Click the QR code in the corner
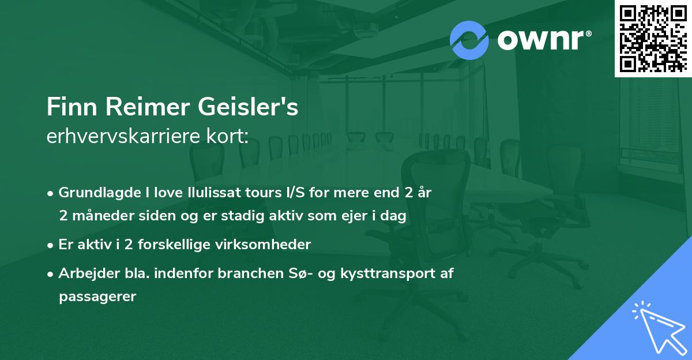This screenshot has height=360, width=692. (x=653, y=38)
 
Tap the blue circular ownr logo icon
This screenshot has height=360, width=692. (x=469, y=40)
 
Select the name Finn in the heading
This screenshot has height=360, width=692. (x=67, y=108)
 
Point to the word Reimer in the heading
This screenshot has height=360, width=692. (x=135, y=108)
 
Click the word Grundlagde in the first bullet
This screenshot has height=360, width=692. (x=93, y=193)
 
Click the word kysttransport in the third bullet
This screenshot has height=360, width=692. (x=386, y=273)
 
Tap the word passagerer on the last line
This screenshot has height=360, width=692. (x=97, y=297)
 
